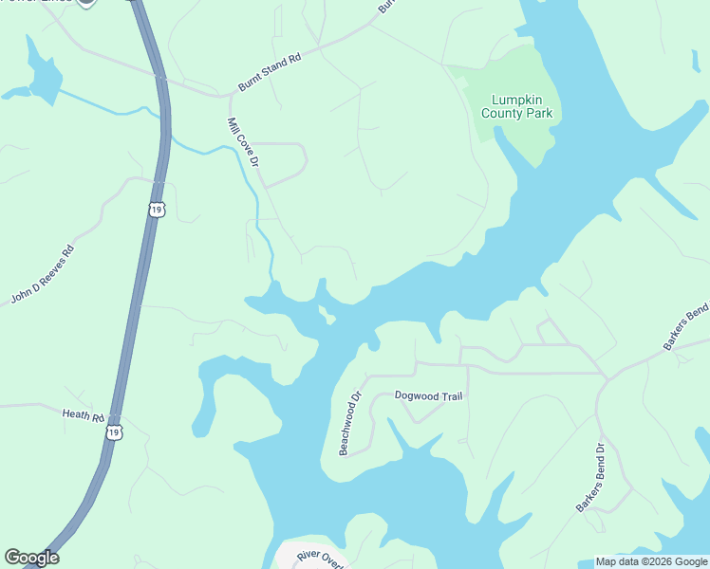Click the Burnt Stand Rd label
point(270,72)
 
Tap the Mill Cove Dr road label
point(243,142)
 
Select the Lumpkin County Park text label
point(521,107)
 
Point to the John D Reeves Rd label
point(42,276)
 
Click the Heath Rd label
point(83,414)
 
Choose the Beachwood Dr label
point(351,424)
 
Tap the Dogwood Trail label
point(428,395)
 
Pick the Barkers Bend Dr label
point(589,478)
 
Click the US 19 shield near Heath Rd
point(115,432)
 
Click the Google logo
point(31,558)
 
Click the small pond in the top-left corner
point(43,76)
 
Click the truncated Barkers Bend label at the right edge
point(686,328)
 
